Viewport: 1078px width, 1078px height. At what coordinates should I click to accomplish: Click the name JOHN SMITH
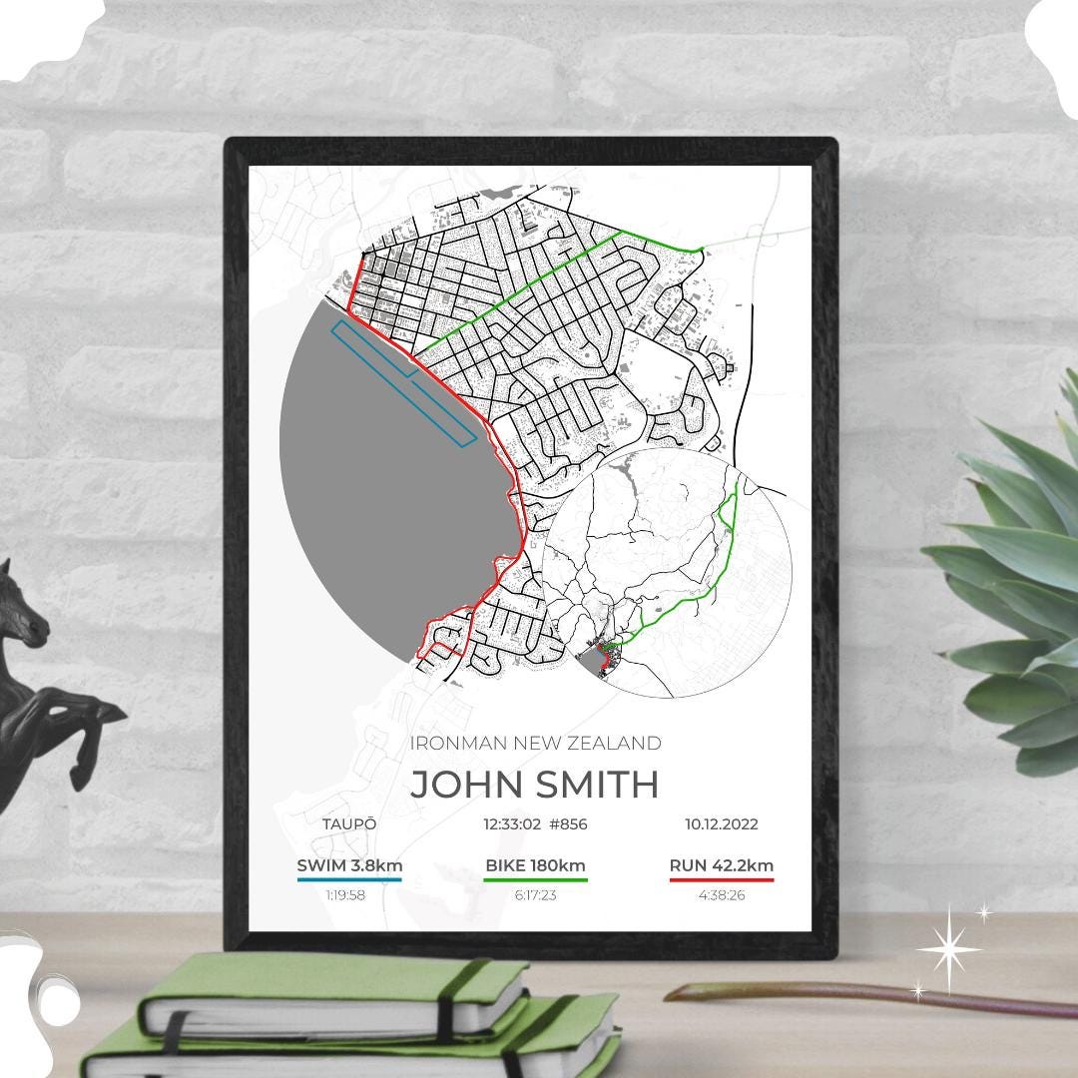(534, 785)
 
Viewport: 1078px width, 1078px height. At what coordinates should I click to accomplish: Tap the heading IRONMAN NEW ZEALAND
(535, 743)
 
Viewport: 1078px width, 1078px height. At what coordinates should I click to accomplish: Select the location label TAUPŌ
(349, 824)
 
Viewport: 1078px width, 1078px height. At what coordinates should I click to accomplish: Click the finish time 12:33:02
(511, 824)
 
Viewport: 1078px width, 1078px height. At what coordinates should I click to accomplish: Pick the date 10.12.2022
(721, 824)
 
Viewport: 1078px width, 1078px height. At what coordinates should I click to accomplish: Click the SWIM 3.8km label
(349, 865)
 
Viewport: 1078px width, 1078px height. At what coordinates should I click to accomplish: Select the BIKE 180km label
(535, 865)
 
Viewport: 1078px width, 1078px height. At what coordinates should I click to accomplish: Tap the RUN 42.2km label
(722, 865)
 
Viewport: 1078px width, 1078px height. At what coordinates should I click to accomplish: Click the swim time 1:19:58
(345, 895)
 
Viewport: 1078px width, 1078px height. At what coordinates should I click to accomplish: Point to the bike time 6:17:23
(535, 895)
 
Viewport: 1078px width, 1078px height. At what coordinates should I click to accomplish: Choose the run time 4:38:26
(722, 895)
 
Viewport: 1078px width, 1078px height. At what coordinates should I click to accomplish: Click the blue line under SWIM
(349, 880)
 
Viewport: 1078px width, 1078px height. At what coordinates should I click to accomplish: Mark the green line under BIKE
(535, 880)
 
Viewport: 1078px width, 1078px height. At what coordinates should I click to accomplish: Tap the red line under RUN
(722, 880)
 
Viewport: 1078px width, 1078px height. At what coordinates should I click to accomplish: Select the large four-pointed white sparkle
(949, 949)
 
